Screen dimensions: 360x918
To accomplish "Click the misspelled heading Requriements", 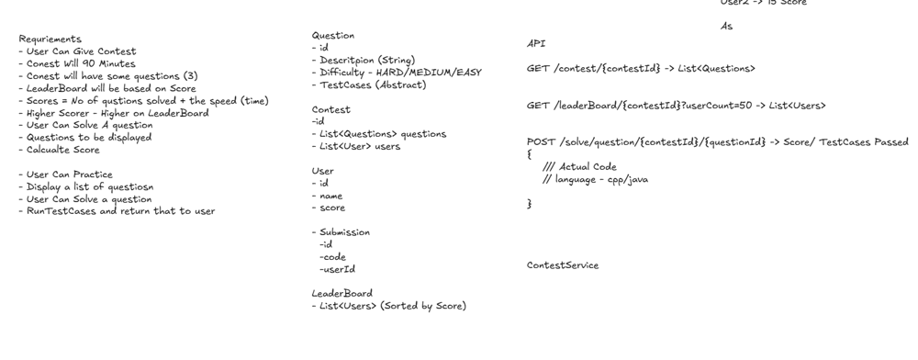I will point(50,39).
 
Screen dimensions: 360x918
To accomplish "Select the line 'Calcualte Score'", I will point(62,150).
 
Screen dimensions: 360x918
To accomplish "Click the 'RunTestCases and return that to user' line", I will point(120,211).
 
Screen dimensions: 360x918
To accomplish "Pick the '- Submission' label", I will point(341,232).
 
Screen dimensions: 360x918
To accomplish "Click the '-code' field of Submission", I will point(332,257).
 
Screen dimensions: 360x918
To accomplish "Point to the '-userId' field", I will point(337,270).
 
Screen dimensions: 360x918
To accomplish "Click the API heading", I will point(536,43).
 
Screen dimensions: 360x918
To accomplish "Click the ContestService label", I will point(562,265).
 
